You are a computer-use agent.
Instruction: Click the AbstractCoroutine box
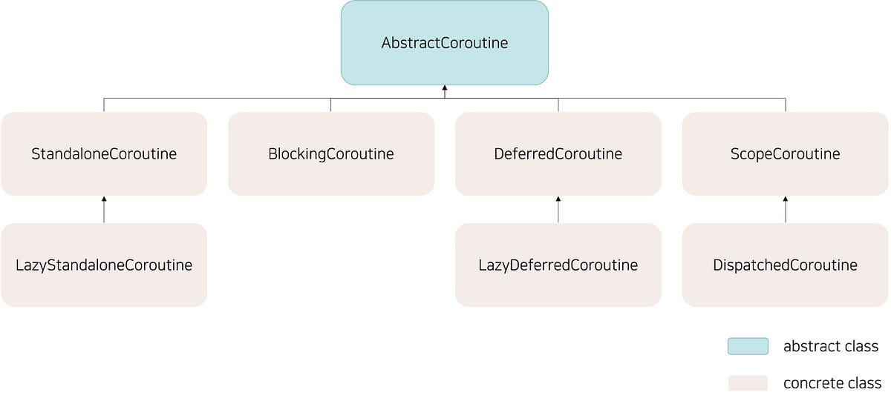click(444, 42)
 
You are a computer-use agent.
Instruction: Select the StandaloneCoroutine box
click(104, 153)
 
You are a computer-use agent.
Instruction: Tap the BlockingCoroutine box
click(331, 153)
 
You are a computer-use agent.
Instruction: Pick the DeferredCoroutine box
click(558, 153)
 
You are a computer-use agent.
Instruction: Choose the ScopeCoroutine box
click(785, 153)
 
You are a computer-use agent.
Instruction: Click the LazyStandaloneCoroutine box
click(104, 265)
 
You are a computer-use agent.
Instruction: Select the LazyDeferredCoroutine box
click(558, 265)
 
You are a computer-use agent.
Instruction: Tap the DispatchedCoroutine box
click(785, 265)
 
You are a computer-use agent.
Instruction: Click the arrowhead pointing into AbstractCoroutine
click(445, 88)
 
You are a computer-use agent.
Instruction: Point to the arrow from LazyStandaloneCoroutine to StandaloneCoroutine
click(104, 210)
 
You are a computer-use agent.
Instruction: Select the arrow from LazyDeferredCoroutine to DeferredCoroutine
click(558, 210)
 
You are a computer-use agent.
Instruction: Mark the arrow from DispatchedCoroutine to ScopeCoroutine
click(786, 210)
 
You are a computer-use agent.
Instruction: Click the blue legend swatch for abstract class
click(748, 346)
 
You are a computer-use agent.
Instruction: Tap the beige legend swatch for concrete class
click(748, 383)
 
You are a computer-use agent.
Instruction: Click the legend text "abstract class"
click(830, 346)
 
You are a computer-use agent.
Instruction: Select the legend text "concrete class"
click(832, 383)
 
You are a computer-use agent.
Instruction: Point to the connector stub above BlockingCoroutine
click(331, 105)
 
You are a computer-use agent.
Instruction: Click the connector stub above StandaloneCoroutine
click(104, 105)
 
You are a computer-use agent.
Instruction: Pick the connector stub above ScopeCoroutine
click(786, 105)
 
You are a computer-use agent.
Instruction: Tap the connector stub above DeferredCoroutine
click(558, 105)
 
